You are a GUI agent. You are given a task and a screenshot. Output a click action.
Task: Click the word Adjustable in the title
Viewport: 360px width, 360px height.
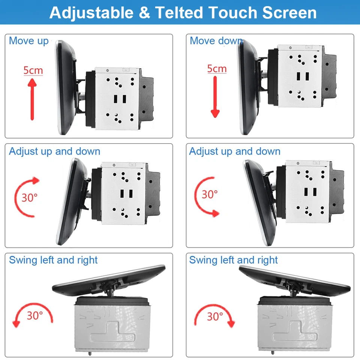[x=91, y=13]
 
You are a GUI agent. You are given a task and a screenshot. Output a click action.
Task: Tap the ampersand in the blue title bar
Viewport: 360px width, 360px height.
[x=144, y=13]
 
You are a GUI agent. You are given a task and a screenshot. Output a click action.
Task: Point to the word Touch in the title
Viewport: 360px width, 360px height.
[x=233, y=13]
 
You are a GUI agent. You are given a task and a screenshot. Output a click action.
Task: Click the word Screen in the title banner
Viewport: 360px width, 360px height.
[x=289, y=13]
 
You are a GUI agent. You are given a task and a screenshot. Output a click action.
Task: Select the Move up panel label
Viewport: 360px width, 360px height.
[x=29, y=41]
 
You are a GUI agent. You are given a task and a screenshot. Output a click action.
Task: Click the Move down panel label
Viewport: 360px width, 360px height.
[x=216, y=41]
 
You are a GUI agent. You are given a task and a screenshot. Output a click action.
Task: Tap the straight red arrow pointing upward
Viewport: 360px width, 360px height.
[x=32, y=99]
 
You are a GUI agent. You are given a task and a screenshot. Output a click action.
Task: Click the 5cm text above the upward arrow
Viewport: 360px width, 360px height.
[x=33, y=70]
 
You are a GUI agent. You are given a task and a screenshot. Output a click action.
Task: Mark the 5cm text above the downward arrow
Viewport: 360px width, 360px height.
[x=217, y=69]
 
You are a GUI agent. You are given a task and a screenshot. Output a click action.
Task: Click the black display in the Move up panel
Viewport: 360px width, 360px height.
[x=65, y=87]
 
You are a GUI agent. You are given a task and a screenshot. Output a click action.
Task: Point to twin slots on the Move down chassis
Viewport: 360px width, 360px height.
[x=302, y=76]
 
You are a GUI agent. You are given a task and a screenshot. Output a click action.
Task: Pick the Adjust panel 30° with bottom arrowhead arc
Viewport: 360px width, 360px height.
[x=210, y=194]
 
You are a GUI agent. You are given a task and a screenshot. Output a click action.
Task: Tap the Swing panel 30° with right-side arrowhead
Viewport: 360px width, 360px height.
[x=215, y=316]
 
